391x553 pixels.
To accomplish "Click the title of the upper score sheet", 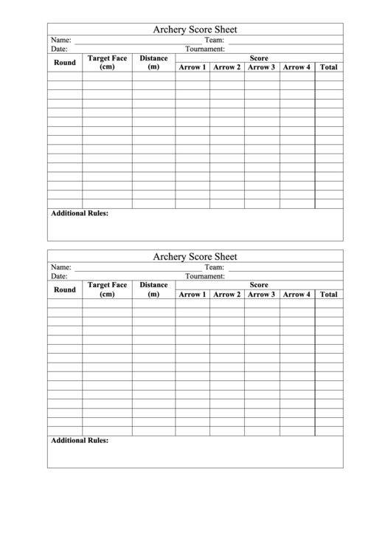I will pos(195,30).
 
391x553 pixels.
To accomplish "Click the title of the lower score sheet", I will pos(195,257).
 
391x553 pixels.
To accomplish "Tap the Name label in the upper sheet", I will pos(60,40).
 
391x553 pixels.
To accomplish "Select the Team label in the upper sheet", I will pos(214,40).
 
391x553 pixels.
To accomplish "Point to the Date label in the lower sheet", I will pos(59,276).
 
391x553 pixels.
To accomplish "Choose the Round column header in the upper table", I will pos(65,63).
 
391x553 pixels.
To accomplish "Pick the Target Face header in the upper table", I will pos(107,63).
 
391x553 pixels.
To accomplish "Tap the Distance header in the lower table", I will pos(153,289).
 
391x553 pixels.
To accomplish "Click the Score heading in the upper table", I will pos(259,58).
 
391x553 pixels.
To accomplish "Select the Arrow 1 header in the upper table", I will pos(192,67).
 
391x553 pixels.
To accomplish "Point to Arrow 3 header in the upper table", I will pos(261,67).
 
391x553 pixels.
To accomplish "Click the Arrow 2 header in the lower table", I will pos(226,295).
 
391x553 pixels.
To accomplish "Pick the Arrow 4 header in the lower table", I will pos(297,295).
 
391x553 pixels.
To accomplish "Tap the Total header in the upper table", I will pos(329,67).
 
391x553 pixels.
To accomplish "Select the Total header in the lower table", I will pos(329,295).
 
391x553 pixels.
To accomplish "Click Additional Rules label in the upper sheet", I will pos(80,213).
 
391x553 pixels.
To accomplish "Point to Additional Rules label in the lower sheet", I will pos(80,441).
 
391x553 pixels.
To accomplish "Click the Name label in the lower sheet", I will pos(60,267).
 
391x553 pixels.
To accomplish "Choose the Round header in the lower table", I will pos(65,290).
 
